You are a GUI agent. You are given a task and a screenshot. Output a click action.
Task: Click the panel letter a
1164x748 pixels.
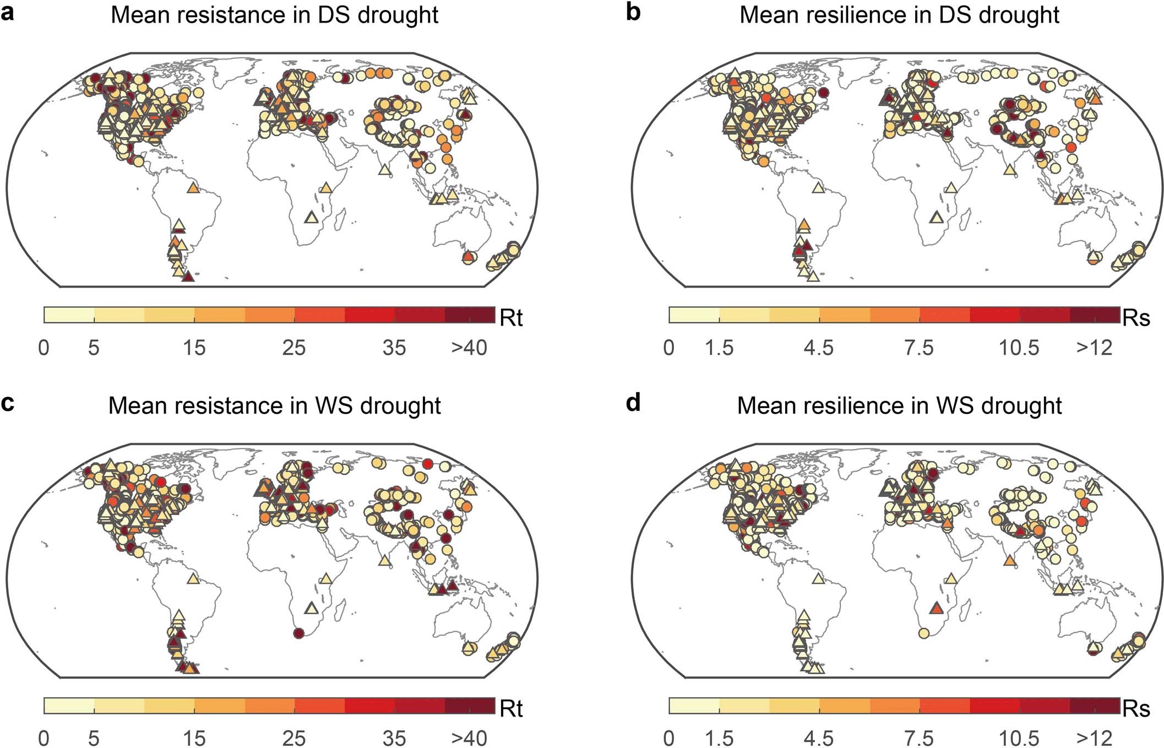[x=8, y=12]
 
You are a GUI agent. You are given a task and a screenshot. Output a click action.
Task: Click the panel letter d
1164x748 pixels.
[x=633, y=403]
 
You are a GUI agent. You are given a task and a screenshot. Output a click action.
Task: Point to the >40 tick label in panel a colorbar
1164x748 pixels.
[x=469, y=348]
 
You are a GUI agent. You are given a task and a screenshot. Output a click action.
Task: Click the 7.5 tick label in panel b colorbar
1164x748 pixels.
[x=919, y=348]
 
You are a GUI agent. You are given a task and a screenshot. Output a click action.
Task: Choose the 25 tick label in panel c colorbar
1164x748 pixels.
[x=293, y=738]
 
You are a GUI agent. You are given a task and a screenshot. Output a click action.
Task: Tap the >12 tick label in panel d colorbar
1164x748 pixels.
[x=1094, y=738]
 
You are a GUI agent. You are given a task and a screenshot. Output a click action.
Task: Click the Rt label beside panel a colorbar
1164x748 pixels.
[x=510, y=318]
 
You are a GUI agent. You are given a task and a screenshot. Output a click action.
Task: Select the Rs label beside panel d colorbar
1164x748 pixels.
[x=1136, y=709]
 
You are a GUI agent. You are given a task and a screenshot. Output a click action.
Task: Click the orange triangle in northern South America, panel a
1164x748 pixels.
[x=193, y=188]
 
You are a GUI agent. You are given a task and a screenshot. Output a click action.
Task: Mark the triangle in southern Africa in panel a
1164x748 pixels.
[x=312, y=218]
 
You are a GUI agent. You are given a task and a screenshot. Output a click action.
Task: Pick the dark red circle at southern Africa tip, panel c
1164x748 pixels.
[x=299, y=633]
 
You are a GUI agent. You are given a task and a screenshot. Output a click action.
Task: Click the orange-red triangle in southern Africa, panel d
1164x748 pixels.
[x=937, y=609]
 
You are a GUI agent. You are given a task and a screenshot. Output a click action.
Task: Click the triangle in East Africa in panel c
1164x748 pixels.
[x=326, y=579]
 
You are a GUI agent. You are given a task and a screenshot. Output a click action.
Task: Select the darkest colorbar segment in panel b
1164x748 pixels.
[x=1095, y=315]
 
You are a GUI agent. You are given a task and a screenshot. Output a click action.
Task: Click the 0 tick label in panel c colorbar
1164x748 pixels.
[x=43, y=738]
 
